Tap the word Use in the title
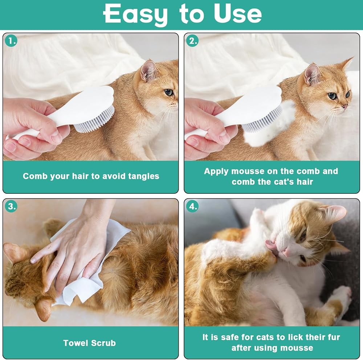tap(238, 14)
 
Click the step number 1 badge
tap(11, 41)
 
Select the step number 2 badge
tap(192, 41)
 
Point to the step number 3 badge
tap(11, 206)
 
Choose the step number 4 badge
tap(192, 206)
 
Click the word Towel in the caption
tap(74, 343)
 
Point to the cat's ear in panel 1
tap(148, 71)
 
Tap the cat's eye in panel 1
tap(169, 93)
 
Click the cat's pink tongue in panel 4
tap(270, 244)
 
